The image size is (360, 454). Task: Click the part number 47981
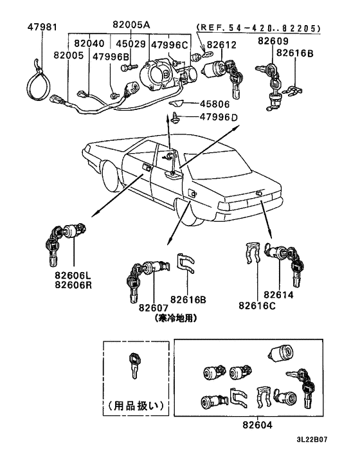pos(42,27)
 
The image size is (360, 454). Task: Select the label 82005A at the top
pos(130,26)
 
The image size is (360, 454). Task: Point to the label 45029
pos(130,44)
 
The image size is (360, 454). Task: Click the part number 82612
pos(221,44)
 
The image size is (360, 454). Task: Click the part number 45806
pos(215,103)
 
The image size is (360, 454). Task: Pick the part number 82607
pos(153,307)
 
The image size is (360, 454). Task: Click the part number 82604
pos(259,425)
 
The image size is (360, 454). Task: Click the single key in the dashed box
pos(133,367)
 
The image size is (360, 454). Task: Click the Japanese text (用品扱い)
pos(135,406)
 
